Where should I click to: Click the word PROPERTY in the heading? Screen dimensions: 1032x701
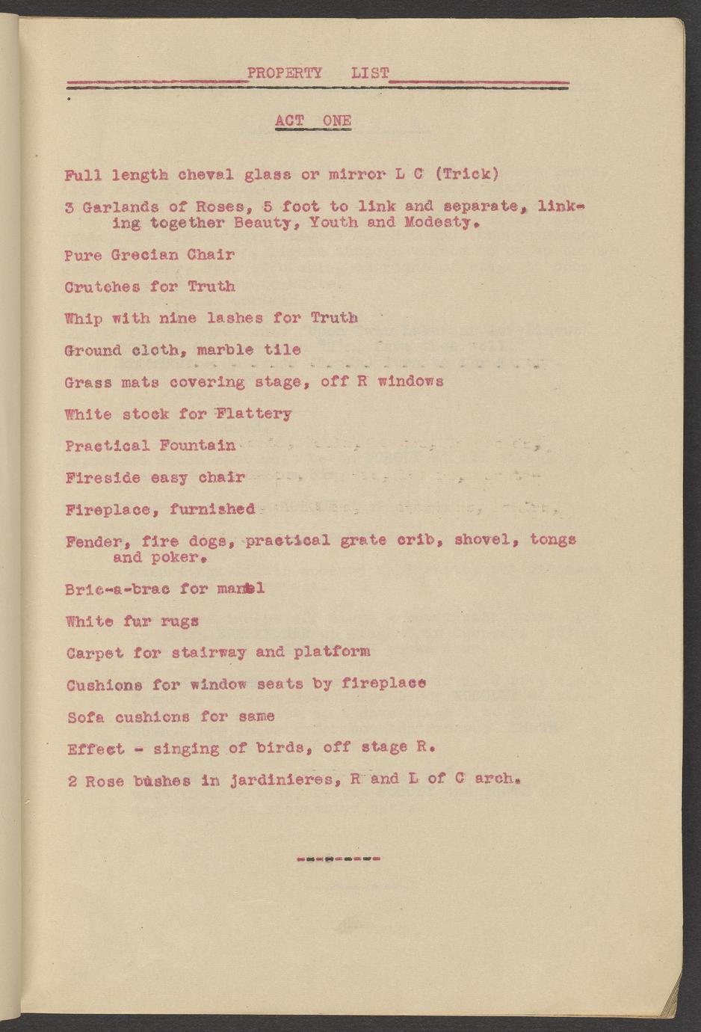tap(284, 73)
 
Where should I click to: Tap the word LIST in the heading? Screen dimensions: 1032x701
tap(370, 73)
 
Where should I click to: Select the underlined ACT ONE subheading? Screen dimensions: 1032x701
tap(312, 121)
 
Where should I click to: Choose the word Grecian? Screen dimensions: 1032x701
tap(143, 255)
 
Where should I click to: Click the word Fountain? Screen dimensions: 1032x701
tap(197, 446)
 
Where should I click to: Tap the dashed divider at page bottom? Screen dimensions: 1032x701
tap(339, 859)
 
